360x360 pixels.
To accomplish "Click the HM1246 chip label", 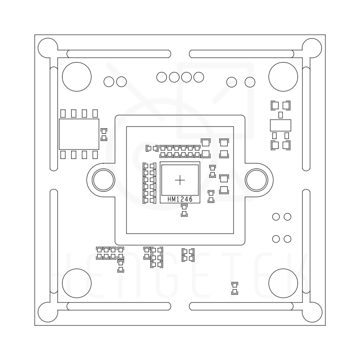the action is pos(180,199).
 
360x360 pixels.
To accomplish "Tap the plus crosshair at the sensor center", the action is pos(180,180).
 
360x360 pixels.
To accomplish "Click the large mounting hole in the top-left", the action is pos(76,76).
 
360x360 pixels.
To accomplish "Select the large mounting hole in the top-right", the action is pos(283,76).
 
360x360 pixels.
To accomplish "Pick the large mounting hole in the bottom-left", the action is pos(76,283).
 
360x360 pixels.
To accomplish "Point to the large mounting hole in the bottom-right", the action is pos(283,283).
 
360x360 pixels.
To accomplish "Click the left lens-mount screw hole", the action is pos(103,180).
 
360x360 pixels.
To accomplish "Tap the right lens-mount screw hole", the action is pos(256,180).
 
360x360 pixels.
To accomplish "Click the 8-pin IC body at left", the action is pos(79,134).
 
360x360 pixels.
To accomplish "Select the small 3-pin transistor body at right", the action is pos(280,126).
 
